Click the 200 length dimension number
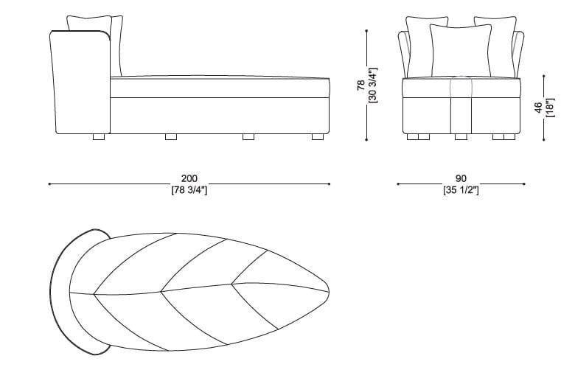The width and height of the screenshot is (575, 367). tap(189, 178)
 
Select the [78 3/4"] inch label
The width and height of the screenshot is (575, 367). tap(189, 190)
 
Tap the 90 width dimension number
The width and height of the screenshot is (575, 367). tap(461, 178)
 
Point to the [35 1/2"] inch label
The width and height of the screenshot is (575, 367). tap(461, 190)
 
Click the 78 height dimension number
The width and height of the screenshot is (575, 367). tap(361, 85)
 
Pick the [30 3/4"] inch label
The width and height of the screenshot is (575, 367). tap(373, 85)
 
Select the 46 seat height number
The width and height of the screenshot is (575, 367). tap(538, 108)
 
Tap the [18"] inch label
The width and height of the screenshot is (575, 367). tap(550, 108)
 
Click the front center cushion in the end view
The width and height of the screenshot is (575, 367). tap(461, 51)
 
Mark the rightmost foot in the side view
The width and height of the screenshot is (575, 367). tap(318, 137)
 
